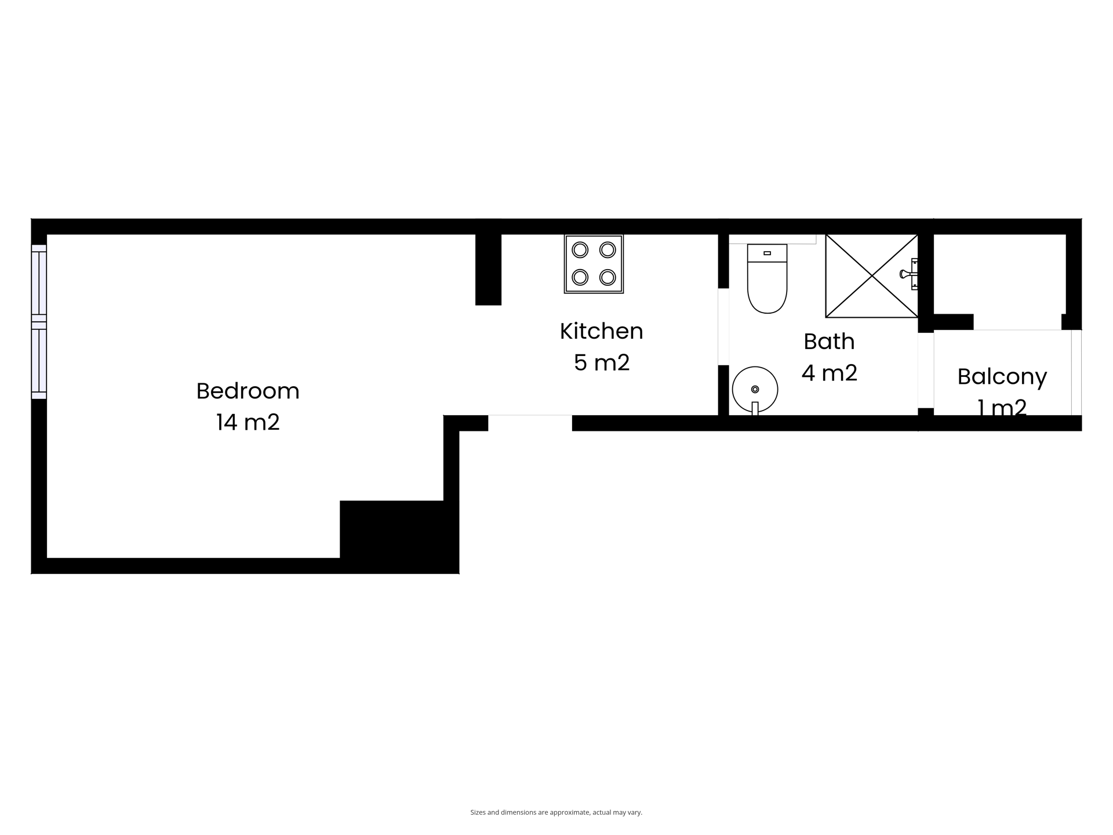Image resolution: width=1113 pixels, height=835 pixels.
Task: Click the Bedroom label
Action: [248, 391]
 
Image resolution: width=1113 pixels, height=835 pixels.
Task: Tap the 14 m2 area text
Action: [248, 422]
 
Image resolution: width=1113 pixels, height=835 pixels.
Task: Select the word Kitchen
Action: [601, 331]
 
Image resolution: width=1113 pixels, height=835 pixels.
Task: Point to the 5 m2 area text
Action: [602, 362]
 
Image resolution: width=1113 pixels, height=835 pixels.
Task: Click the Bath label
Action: [829, 342]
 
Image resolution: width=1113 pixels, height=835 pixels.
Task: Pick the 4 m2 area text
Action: [830, 373]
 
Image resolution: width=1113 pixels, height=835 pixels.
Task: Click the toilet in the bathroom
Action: [767, 278]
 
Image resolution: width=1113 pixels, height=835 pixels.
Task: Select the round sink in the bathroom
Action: [755, 390]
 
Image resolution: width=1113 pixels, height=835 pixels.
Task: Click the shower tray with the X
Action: [871, 276]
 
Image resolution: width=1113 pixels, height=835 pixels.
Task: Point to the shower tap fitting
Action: [910, 274]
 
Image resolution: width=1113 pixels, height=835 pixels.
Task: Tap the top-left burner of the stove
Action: [580, 250]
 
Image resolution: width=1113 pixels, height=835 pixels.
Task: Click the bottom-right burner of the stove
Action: [608, 277]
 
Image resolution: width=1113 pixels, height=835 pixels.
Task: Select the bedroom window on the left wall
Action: [39, 322]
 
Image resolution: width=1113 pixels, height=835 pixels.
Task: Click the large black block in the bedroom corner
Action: [399, 537]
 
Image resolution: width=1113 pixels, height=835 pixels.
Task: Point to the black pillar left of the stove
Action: [488, 270]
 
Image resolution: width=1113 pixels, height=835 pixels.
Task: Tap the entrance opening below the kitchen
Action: [530, 422]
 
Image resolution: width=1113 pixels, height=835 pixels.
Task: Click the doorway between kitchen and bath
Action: [723, 326]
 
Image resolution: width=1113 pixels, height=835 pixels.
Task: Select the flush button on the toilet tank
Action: [767, 253]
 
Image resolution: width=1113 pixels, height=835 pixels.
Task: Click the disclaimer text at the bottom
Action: [556, 812]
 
